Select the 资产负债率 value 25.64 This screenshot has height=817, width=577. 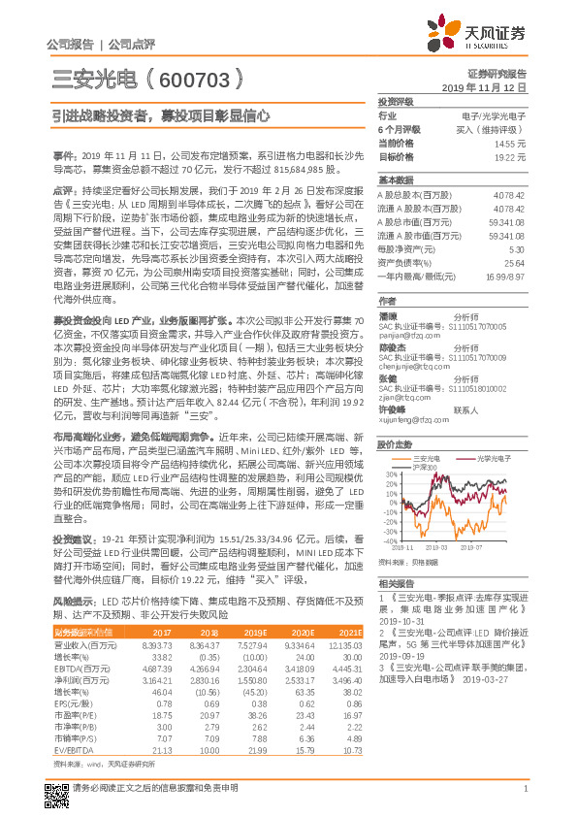tap(514, 262)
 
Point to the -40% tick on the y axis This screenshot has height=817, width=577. tap(390, 541)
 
